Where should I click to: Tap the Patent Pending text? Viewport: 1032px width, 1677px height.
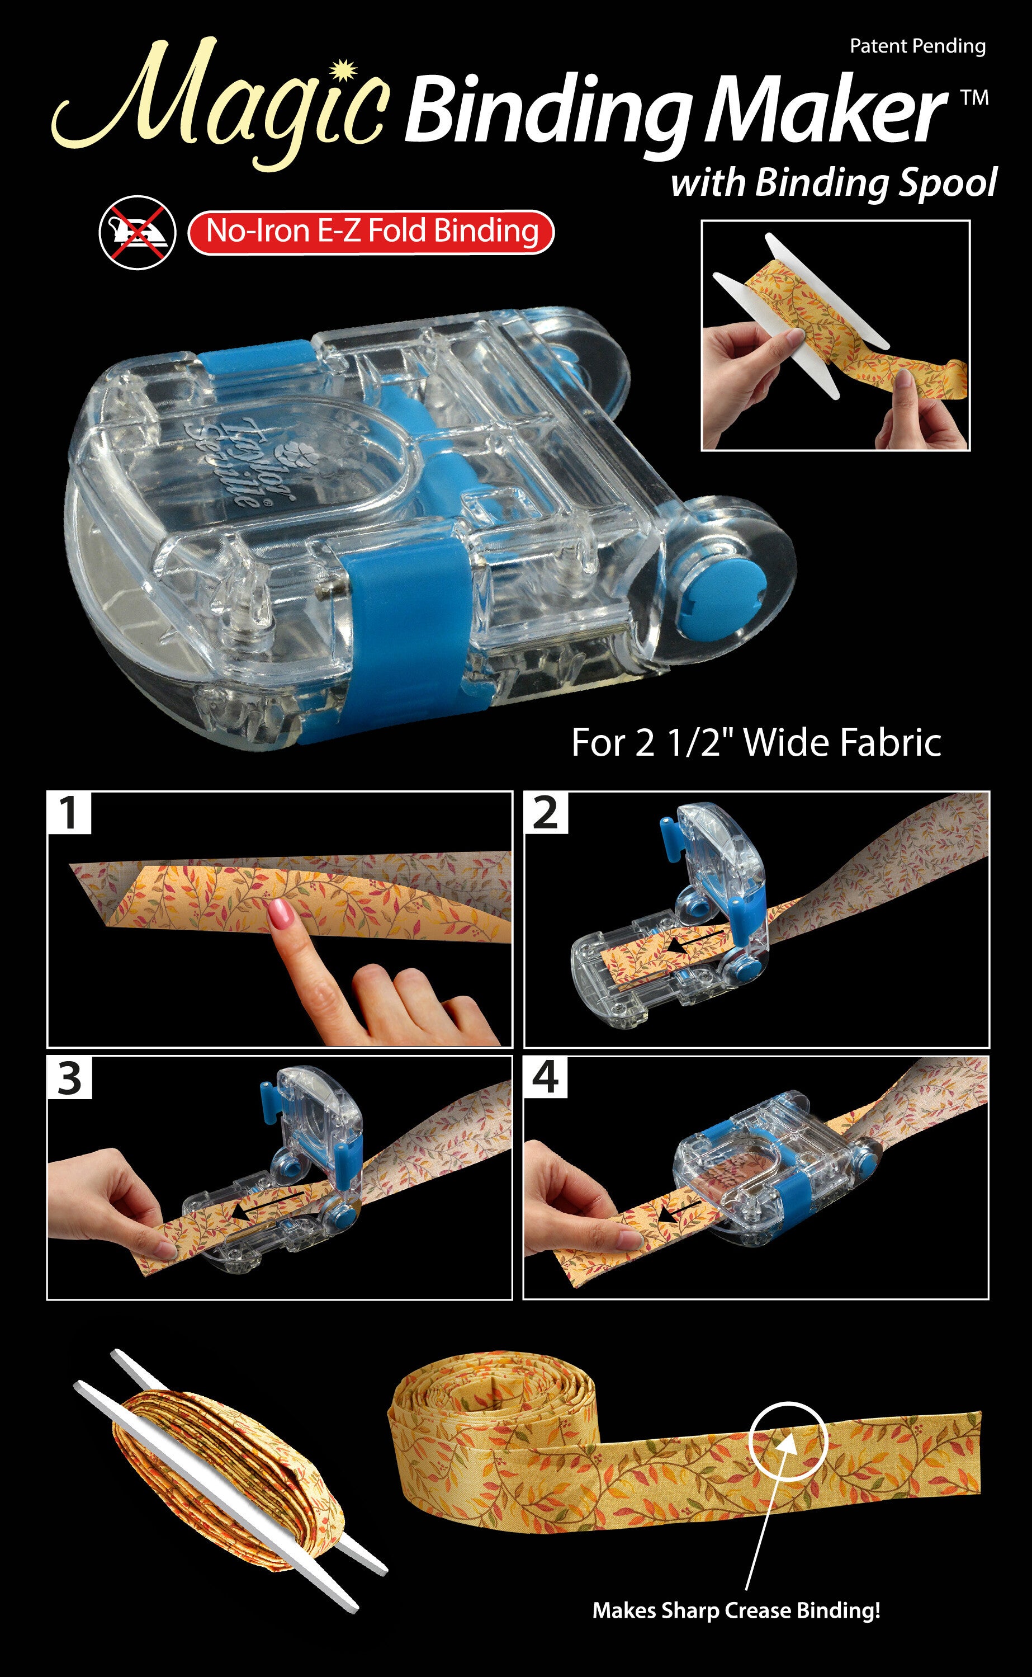pyautogui.click(x=917, y=46)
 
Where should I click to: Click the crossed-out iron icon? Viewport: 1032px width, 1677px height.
pyautogui.click(x=137, y=232)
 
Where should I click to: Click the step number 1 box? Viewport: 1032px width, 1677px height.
pyautogui.click(x=69, y=813)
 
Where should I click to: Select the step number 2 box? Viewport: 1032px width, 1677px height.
pyautogui.click(x=545, y=813)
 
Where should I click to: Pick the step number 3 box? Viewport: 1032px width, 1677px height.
pyautogui.click(x=69, y=1078)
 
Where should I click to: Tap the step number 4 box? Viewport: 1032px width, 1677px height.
pyautogui.click(x=545, y=1077)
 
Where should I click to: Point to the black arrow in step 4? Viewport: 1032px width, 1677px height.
pyautogui.click(x=676, y=1213)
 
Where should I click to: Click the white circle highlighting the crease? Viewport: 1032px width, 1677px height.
pyautogui.click(x=788, y=1442)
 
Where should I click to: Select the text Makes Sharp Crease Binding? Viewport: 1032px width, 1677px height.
pyautogui.click(x=736, y=1610)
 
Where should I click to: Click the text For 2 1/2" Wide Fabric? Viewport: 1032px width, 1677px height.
pyautogui.click(x=756, y=742)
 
